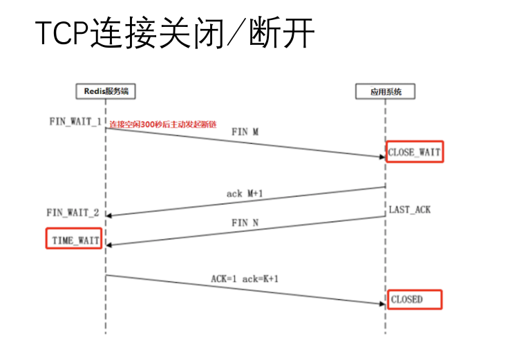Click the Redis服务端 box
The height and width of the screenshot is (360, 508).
[105, 91]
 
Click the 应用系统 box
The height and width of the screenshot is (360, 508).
[385, 91]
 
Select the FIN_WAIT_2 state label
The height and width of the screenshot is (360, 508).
[74, 213]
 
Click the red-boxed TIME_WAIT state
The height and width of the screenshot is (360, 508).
[74, 240]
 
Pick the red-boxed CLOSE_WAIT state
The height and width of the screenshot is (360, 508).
[414, 151]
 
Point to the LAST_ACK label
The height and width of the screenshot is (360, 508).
[409, 209]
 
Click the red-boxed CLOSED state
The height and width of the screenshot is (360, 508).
[414, 299]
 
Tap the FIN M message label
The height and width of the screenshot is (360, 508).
[245, 131]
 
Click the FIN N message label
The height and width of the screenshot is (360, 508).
[245, 223]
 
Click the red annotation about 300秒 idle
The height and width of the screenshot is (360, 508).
[163, 124]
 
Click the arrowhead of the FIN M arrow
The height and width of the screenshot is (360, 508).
[382, 158]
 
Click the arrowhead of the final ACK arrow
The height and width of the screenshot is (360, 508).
[382, 303]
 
